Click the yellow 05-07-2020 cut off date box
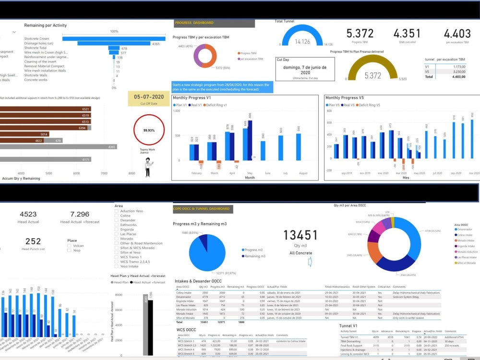149,99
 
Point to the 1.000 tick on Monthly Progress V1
176,111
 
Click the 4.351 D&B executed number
407,34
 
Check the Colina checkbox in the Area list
117,216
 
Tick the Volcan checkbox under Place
70,245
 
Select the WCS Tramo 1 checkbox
117,257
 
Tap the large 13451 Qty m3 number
300,235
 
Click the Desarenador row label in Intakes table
186,297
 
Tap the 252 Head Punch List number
33,241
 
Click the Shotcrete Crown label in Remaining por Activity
36,38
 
